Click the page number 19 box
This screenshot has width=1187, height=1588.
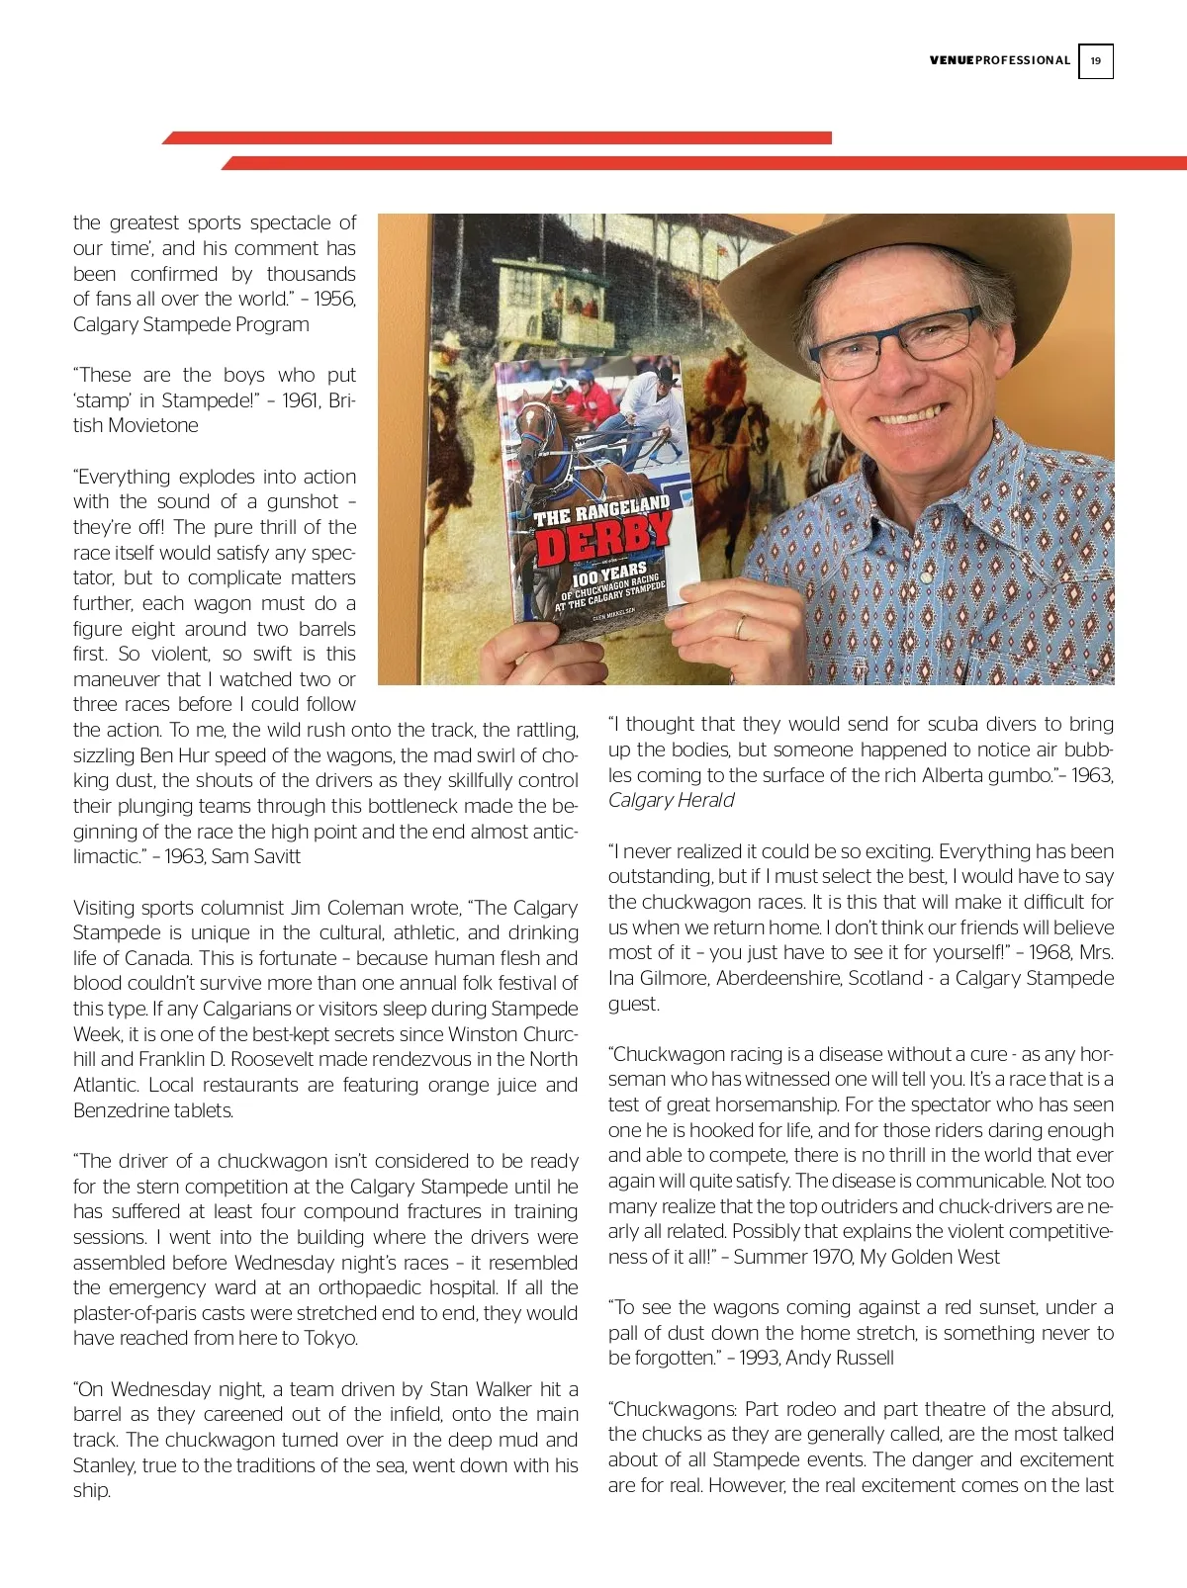tap(1095, 61)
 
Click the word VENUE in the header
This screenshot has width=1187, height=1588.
tap(952, 60)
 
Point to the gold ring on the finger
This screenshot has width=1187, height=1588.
tap(739, 626)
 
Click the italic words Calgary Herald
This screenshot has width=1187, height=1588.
tap(671, 800)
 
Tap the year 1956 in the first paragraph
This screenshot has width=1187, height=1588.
tap(333, 299)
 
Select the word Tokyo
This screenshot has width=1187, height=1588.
tap(331, 1338)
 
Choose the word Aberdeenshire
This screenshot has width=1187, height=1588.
tap(783, 978)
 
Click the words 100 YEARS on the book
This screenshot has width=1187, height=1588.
tap(609, 573)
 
